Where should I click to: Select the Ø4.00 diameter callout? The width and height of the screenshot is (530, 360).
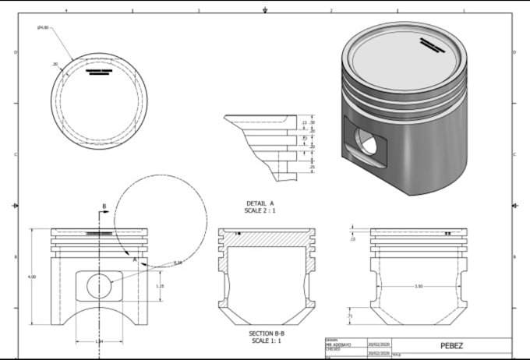coord(43,28)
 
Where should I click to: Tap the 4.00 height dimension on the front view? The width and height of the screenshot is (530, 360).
coord(31,277)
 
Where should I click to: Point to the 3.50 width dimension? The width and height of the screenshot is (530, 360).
coord(419,287)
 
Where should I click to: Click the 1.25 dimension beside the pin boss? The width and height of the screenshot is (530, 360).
coord(160,286)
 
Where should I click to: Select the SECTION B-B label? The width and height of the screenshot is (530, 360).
coord(265,333)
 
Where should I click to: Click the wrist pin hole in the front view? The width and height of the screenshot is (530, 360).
coord(99,286)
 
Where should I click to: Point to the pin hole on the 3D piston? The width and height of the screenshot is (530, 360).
coord(366,140)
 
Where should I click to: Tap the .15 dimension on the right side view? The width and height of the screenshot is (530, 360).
coord(352,239)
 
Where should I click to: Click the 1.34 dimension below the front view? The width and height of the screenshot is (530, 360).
coord(99,341)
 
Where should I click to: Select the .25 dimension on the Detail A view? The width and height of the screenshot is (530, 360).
coord(313,167)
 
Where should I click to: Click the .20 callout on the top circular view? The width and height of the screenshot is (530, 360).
coord(55,63)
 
